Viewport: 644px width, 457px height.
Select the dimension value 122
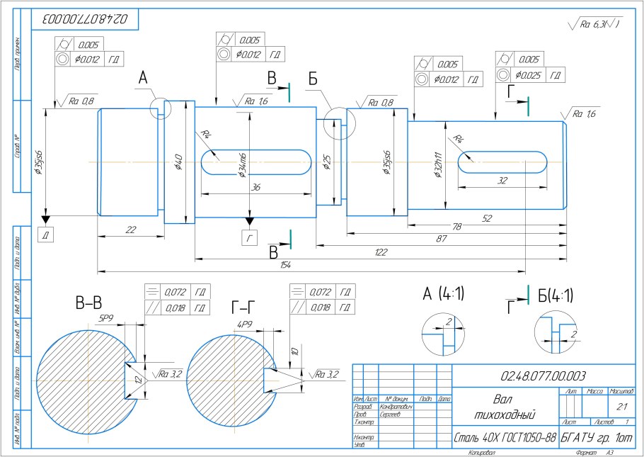click(x=381, y=252)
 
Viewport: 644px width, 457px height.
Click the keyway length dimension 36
click(x=255, y=188)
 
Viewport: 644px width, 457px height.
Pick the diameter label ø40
click(x=178, y=162)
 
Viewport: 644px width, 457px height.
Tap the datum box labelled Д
click(x=46, y=235)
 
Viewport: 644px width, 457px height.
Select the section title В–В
click(x=90, y=304)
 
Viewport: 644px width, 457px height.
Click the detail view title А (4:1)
click(x=443, y=293)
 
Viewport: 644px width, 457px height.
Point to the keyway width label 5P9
click(x=107, y=317)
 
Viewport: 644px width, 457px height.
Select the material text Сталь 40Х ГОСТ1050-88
click(x=504, y=439)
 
